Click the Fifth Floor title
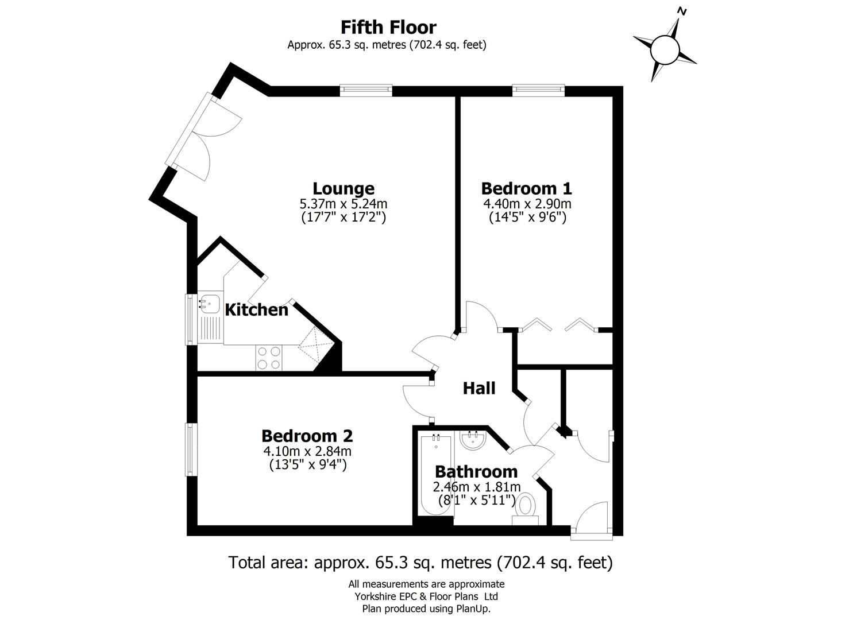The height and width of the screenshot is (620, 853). [x=388, y=27]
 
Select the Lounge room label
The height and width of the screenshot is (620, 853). [x=343, y=188]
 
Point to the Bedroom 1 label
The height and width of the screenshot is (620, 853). [x=526, y=188]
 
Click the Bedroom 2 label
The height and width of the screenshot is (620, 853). [x=307, y=436]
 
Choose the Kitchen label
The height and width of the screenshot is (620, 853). [x=256, y=310]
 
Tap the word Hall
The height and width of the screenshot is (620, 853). [x=479, y=389]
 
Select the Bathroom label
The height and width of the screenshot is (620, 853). [x=476, y=472]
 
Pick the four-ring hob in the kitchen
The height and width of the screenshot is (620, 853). [x=269, y=357]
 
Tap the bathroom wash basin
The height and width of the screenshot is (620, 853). [x=474, y=440]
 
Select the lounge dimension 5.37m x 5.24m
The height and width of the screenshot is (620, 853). [x=343, y=204]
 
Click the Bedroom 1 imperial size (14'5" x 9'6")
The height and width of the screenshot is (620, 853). [x=527, y=218]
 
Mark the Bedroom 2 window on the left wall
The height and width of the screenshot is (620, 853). [x=190, y=449]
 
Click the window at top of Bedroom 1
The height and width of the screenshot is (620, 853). [x=538, y=90]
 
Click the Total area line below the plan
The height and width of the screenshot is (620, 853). [x=420, y=562]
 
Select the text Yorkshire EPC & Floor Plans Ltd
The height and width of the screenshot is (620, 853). [x=426, y=596]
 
